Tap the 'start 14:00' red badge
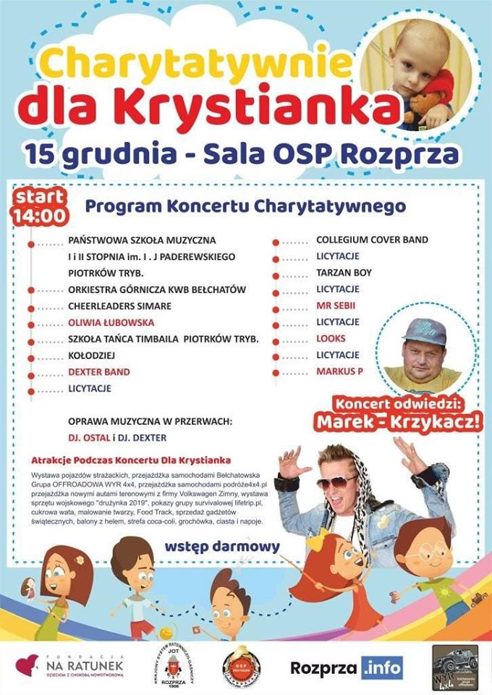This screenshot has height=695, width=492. (40, 206)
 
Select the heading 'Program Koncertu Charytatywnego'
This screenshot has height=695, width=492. (245, 206)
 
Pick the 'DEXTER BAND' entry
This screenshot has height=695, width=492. (99, 371)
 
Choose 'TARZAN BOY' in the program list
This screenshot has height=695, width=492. (344, 272)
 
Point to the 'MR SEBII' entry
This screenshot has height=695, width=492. (337, 306)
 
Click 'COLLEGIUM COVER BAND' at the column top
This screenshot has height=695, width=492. (372, 239)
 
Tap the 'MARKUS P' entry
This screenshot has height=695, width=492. (339, 371)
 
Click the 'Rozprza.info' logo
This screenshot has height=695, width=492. (347, 667)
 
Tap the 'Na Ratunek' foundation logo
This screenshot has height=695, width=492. (72, 665)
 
